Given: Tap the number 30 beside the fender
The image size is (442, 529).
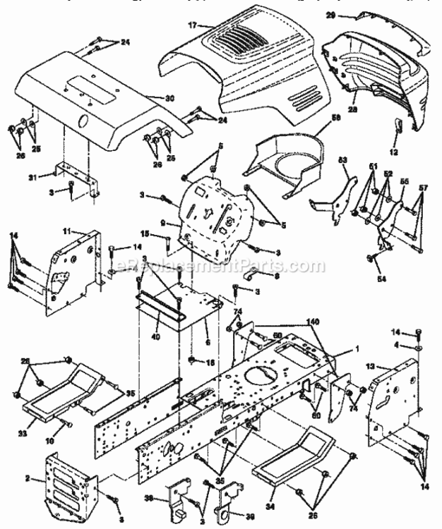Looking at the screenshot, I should pos(169,97).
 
